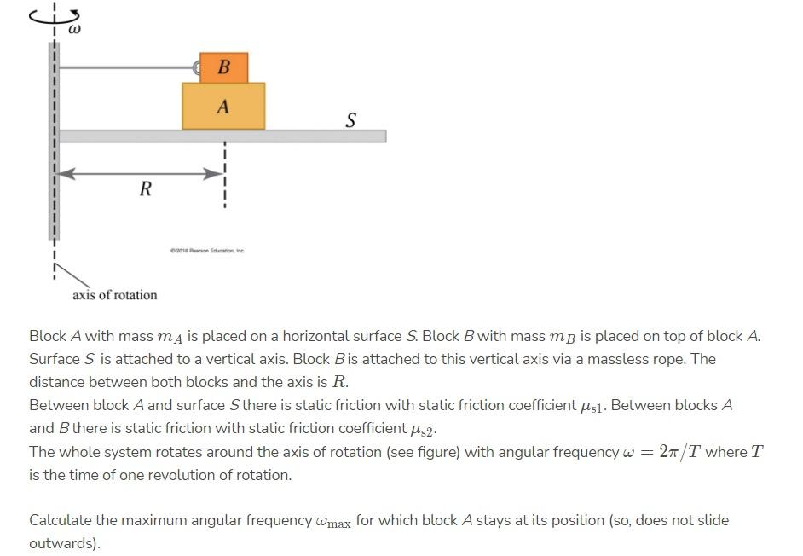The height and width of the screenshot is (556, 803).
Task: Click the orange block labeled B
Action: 223,67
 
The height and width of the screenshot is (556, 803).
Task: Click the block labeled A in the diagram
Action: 223,107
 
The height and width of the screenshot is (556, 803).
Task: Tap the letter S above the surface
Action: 350,120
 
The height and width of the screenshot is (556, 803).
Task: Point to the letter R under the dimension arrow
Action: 145,189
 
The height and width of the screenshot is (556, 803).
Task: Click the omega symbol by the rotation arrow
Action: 73,30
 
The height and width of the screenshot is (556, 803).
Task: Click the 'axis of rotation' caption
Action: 114,295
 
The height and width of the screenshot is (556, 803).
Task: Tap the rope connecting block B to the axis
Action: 128,68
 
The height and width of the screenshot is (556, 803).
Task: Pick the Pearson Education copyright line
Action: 207,251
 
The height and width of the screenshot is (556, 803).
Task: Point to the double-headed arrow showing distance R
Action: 141,173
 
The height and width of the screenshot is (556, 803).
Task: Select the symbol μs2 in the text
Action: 428,429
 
